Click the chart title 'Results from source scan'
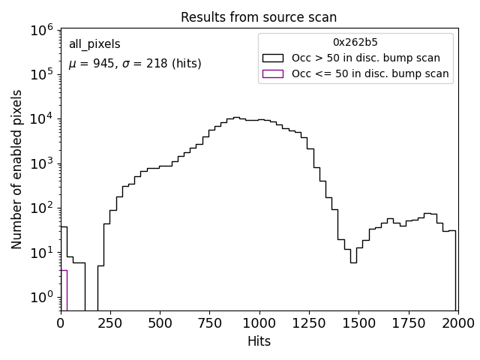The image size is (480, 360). (259, 16)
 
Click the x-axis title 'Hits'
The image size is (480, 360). (259, 341)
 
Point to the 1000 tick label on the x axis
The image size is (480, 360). (259, 323)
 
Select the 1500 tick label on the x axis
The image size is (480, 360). (358, 323)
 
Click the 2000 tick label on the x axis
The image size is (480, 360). (457, 323)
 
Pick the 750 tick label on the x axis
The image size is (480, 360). (209, 323)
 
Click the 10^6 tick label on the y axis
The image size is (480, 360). (40, 30)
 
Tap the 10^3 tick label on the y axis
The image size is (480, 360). (40, 163)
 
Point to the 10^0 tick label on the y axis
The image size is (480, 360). (40, 297)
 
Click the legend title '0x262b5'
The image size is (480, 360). (355, 42)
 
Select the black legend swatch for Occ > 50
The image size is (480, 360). (273, 58)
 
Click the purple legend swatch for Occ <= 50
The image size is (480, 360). (273, 73)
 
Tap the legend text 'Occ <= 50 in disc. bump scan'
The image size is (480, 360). (370, 73)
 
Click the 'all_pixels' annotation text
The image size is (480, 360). (94, 45)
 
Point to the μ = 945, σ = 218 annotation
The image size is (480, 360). (135, 64)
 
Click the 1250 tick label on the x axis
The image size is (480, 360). (309, 323)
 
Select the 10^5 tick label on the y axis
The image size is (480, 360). (40, 74)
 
